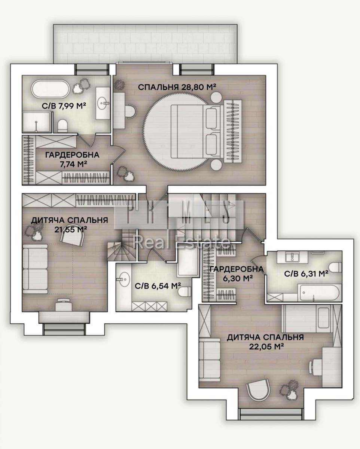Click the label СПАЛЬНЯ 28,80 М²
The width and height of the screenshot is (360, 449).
point(177,87)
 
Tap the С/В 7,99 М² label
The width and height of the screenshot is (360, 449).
point(64,106)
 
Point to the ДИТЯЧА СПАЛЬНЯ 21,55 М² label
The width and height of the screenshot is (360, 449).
point(70,224)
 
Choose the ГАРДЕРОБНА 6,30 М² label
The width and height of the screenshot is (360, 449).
point(236,273)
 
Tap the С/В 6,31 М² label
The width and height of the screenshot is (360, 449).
point(306,274)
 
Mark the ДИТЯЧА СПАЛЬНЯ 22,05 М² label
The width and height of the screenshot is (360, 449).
point(265,342)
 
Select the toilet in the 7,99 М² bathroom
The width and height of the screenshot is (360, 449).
point(62,125)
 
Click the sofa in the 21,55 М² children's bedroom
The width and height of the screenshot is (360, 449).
point(35,269)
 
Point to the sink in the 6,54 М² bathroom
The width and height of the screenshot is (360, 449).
point(123,279)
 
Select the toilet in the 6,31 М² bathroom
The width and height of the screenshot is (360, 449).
point(336,267)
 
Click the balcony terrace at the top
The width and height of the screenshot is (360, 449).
point(146,43)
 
